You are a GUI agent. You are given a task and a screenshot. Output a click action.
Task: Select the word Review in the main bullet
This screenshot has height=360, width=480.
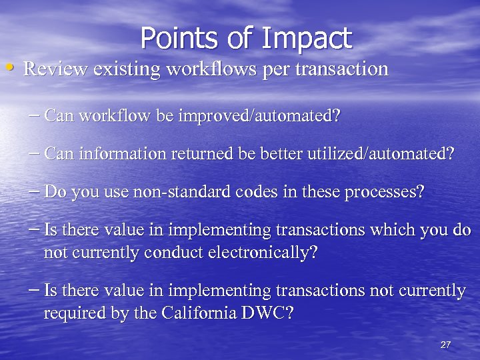tap(51, 69)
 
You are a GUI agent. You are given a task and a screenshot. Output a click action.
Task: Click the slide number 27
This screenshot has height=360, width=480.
tap(446, 345)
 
